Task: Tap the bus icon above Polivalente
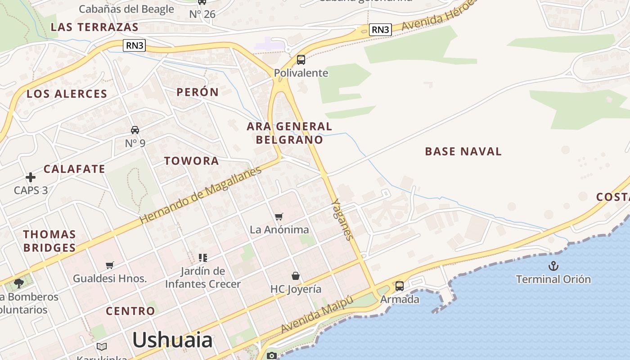point(301,60)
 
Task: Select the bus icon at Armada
point(399,286)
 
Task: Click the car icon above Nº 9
point(135,130)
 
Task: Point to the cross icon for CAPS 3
point(31,177)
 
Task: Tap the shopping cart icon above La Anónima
point(279,217)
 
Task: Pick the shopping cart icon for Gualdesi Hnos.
point(109,265)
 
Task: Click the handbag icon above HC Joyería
point(296,275)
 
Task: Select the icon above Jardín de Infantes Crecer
point(203,258)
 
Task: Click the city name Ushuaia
point(172,340)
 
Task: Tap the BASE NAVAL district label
point(463,151)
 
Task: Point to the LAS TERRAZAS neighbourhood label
point(94,27)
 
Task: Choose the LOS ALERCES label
point(67,94)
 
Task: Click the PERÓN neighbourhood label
point(198,92)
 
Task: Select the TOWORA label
point(191,161)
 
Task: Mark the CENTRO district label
point(130,311)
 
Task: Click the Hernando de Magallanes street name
point(201,195)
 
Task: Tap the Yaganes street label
point(342,220)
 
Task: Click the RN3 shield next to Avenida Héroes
point(380,30)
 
